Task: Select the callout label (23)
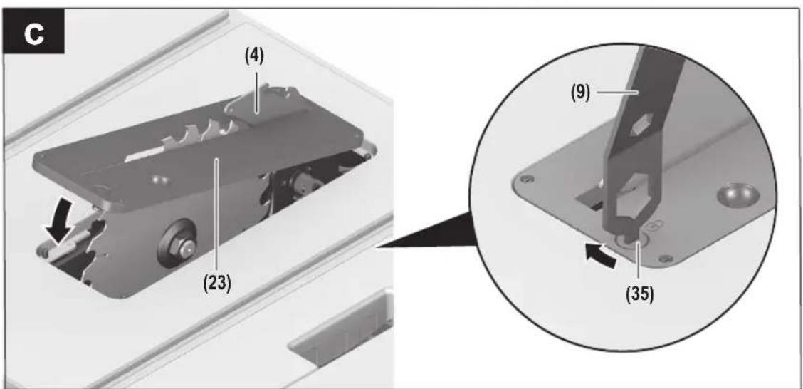216,283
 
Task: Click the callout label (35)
640,296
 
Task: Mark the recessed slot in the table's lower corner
339,328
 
